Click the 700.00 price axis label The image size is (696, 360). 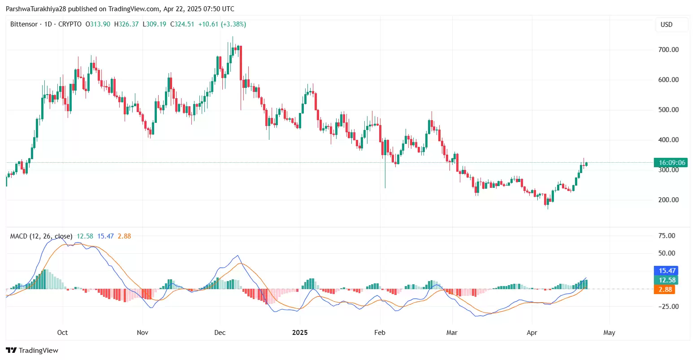coord(668,50)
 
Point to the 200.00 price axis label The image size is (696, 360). coord(668,200)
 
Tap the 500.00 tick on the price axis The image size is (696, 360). coord(668,110)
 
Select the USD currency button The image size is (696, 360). coord(666,25)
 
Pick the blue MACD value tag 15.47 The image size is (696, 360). coord(667,271)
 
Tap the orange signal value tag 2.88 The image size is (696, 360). coord(665,290)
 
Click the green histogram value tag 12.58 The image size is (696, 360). coord(667,280)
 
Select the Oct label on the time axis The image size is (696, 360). coord(62,333)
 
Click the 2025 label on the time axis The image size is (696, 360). coord(300,333)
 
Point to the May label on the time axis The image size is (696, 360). coord(609,333)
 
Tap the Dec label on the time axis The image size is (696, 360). coord(220,333)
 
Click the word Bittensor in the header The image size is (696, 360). coord(24,24)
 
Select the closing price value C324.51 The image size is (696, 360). coord(182,24)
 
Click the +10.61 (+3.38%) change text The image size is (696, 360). coord(222,24)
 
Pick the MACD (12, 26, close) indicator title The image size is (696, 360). coord(41,236)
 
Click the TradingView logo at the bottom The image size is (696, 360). coord(32,351)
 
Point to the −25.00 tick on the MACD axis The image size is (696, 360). coord(666,307)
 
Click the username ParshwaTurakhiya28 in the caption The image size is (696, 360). coord(36,9)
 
